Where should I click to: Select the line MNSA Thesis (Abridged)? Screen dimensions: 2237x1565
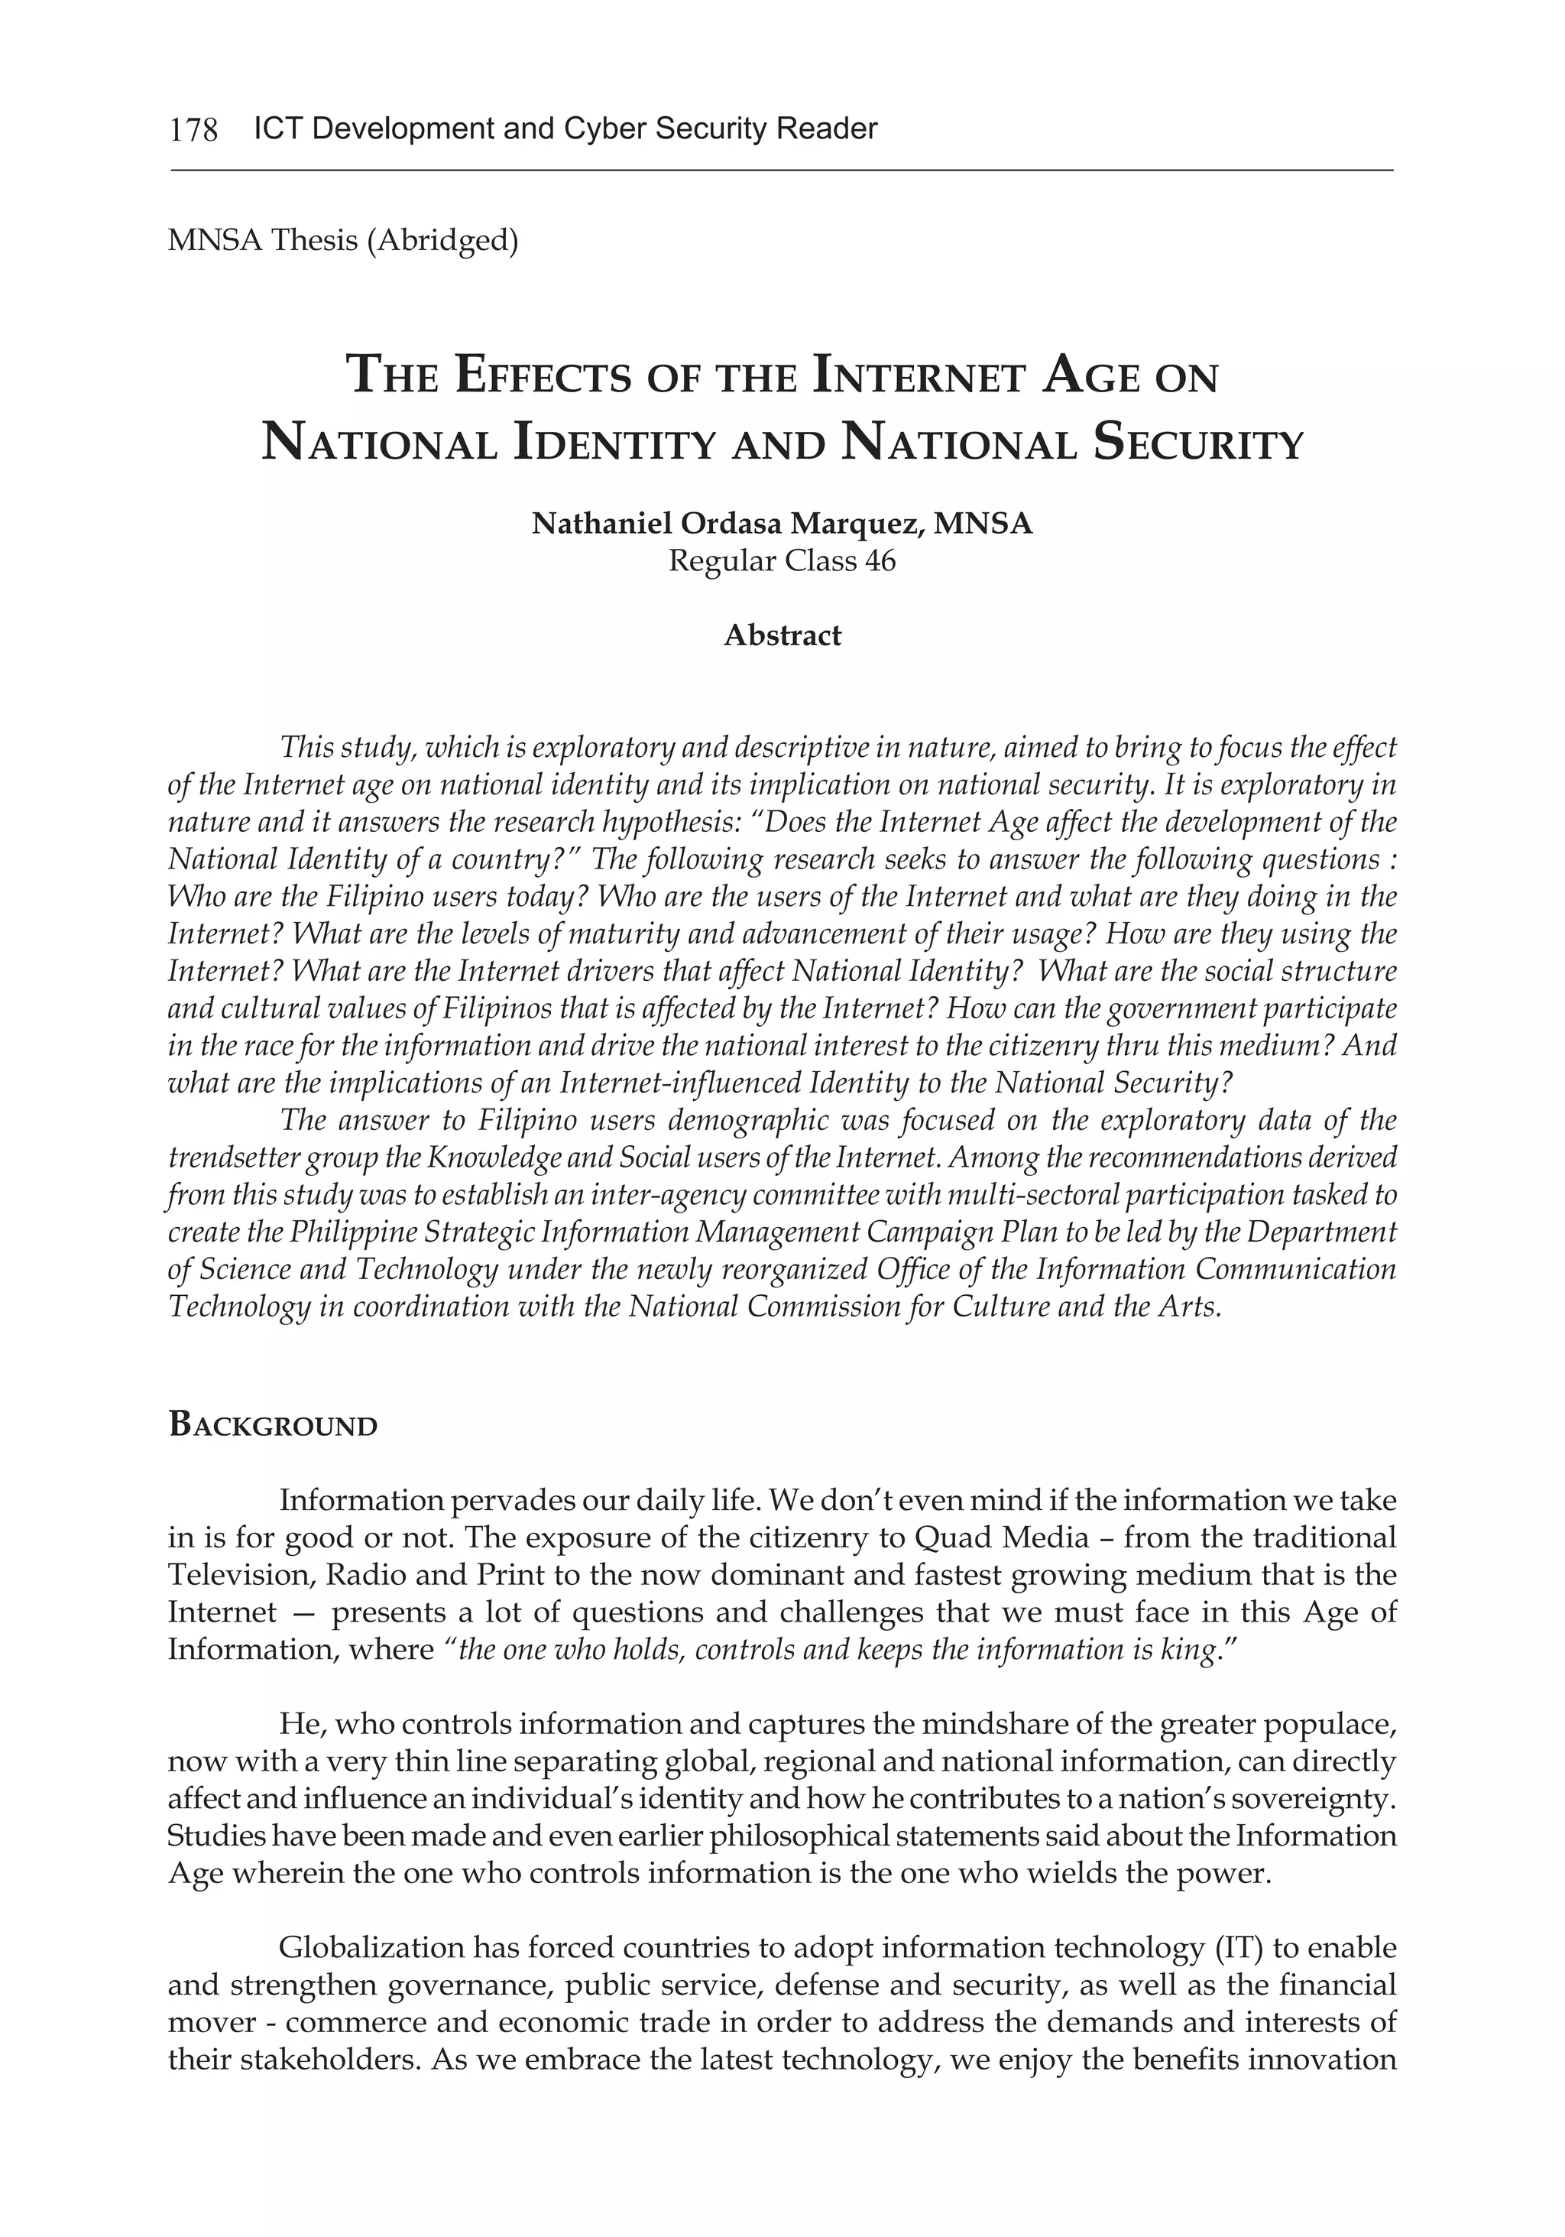pyautogui.click(x=343, y=240)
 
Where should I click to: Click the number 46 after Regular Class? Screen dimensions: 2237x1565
pyautogui.click(x=880, y=561)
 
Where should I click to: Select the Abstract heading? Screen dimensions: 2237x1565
pyautogui.click(x=782, y=635)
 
